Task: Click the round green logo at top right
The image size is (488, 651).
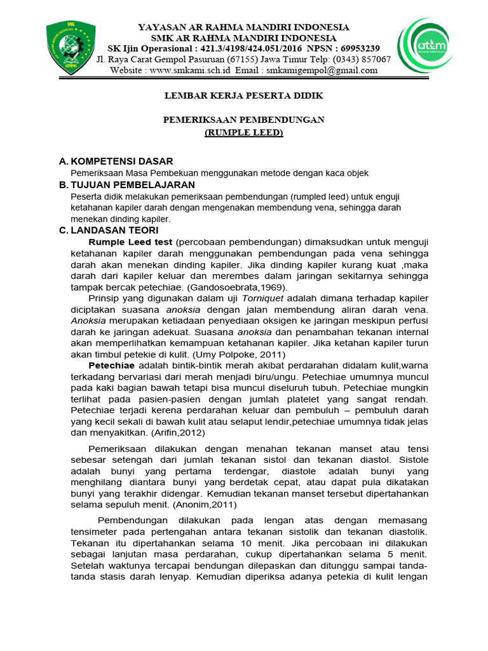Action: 426,46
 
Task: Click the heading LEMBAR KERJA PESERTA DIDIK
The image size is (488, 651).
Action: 243,95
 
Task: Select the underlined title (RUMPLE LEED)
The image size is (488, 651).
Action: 243,132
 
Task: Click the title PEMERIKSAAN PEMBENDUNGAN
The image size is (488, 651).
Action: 243,120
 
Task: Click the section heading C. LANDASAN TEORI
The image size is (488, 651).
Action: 108,230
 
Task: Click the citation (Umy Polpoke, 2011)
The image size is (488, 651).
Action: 234,353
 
